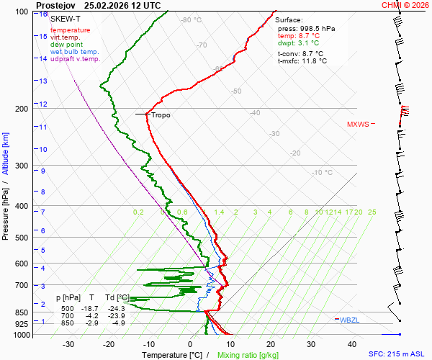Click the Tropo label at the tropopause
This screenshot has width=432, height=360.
tap(161, 114)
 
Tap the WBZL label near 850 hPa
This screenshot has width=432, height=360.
tap(349, 320)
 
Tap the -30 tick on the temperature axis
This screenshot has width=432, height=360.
tap(69, 344)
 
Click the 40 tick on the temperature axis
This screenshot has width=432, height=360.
tap(352, 344)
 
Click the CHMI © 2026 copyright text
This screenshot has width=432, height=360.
tap(405, 5)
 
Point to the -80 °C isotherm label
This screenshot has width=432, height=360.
tap(191, 20)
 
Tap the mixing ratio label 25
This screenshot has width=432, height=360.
tap(372, 212)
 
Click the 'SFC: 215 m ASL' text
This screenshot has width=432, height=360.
tap(398, 354)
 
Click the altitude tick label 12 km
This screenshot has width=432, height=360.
tap(43, 104)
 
